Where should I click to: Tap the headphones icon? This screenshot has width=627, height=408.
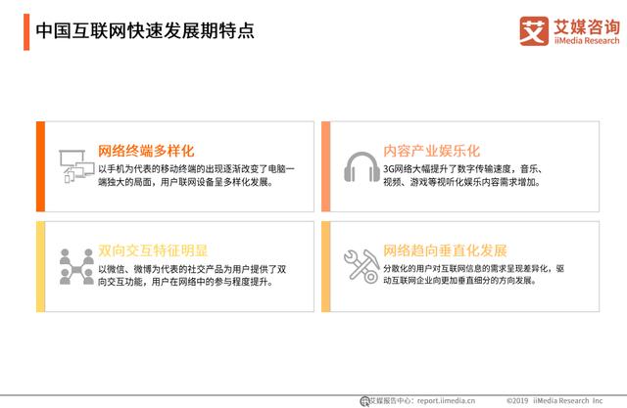click(x=360, y=167)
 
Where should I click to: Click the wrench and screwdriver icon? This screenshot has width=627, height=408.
click(x=360, y=265)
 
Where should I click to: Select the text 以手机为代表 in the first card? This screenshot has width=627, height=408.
click(x=121, y=168)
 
